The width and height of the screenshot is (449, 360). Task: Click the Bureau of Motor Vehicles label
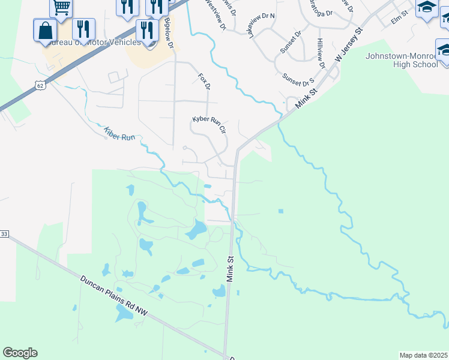pos(96,42)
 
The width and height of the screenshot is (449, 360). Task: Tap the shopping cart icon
pos(61,8)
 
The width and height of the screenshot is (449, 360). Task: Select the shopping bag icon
pos(46,31)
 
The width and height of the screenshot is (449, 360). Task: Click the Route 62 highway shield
pos(40,86)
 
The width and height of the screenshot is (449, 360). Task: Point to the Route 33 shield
pos(4,233)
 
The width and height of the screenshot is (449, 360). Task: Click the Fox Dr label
pos(204,82)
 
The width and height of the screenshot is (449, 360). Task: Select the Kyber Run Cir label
pos(209,125)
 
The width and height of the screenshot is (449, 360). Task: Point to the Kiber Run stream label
pos(119,134)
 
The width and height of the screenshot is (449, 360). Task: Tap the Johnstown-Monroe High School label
pos(401,60)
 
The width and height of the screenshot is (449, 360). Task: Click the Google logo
pos(20,352)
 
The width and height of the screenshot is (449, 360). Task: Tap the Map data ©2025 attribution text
pos(423,355)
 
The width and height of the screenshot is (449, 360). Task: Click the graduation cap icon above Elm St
pos(427,8)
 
